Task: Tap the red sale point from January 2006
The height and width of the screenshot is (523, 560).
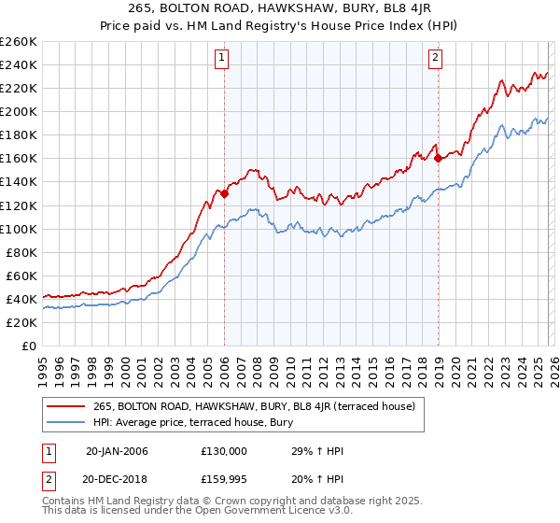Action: [224, 193]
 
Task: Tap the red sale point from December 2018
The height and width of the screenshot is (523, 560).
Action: [438, 158]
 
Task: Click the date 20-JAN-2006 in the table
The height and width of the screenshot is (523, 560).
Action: [117, 451]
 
